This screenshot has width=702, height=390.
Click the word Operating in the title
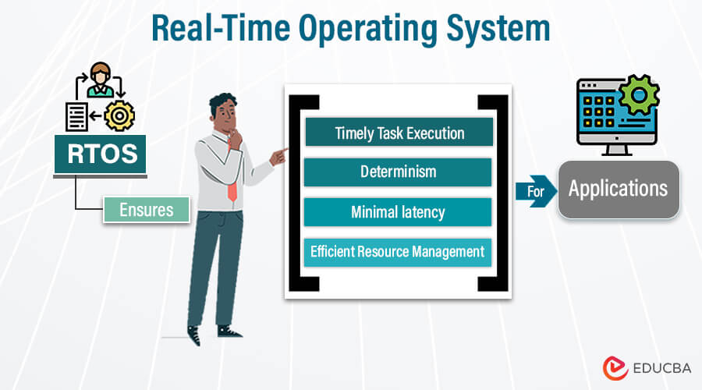(x=367, y=29)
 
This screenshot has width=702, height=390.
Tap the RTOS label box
(x=101, y=154)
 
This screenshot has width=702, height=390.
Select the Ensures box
(x=147, y=210)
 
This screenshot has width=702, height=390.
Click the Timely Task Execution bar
(x=399, y=132)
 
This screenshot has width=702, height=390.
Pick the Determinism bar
(x=398, y=172)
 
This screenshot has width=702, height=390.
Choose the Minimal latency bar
(x=398, y=212)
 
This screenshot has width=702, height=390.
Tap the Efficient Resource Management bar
(x=398, y=252)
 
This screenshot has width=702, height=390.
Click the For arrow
(x=537, y=191)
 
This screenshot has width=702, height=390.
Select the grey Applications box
(x=619, y=189)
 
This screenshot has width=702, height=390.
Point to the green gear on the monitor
(x=639, y=95)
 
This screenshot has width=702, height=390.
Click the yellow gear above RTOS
(x=119, y=116)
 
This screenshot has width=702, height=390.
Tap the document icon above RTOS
(x=76, y=117)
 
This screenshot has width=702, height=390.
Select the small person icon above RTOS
(x=100, y=80)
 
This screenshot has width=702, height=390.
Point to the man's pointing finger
(x=282, y=151)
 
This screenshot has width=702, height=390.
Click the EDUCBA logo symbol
(x=615, y=368)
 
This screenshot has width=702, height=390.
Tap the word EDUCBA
(x=662, y=368)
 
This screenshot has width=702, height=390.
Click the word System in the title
(x=498, y=29)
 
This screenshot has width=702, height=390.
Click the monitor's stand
(x=617, y=150)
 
